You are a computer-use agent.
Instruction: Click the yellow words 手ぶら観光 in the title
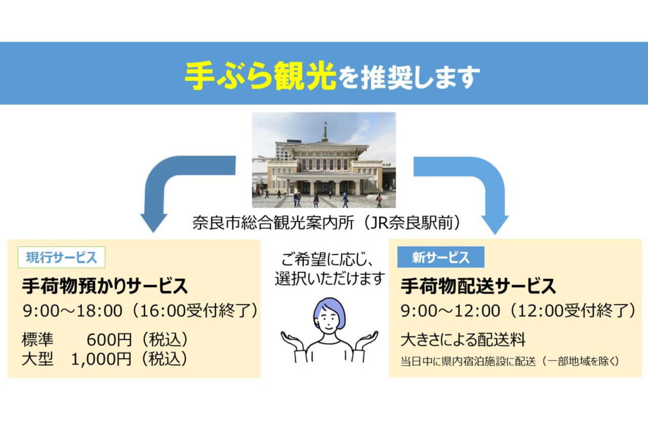[260, 76]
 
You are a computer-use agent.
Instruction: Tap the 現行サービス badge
[61, 257]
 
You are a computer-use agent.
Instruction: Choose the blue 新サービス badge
[440, 257]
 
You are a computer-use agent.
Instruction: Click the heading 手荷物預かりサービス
[105, 287]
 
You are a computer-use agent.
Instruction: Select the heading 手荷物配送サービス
[478, 287]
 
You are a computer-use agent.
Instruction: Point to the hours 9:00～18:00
[72, 311]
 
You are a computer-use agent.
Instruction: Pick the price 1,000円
[101, 359]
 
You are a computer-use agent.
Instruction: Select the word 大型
[37, 359]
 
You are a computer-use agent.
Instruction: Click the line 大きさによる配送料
[463, 339]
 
